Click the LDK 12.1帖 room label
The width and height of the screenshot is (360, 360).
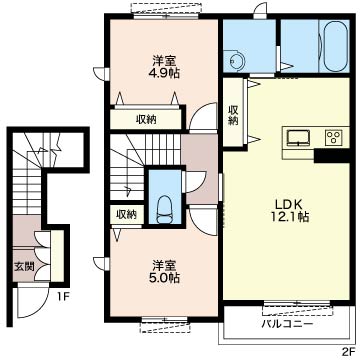(289, 210)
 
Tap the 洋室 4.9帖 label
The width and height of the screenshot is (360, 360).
(164, 67)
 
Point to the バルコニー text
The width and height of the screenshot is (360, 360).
(287, 324)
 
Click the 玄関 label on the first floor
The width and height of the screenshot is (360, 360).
(24, 267)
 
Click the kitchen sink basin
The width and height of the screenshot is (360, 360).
(298, 138)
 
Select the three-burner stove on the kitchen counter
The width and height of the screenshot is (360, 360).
(333, 137)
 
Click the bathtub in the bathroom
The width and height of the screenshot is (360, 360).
(334, 46)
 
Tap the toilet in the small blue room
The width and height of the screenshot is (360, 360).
(165, 210)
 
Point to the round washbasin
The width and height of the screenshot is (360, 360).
(237, 61)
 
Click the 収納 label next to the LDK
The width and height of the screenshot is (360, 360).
(233, 116)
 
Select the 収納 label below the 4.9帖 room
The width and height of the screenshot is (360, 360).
(146, 119)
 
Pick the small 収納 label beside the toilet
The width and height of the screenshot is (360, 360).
(127, 215)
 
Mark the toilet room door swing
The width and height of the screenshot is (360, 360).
(194, 182)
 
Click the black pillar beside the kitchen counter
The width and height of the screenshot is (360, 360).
(332, 155)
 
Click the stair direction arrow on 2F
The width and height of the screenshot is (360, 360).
(128, 190)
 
